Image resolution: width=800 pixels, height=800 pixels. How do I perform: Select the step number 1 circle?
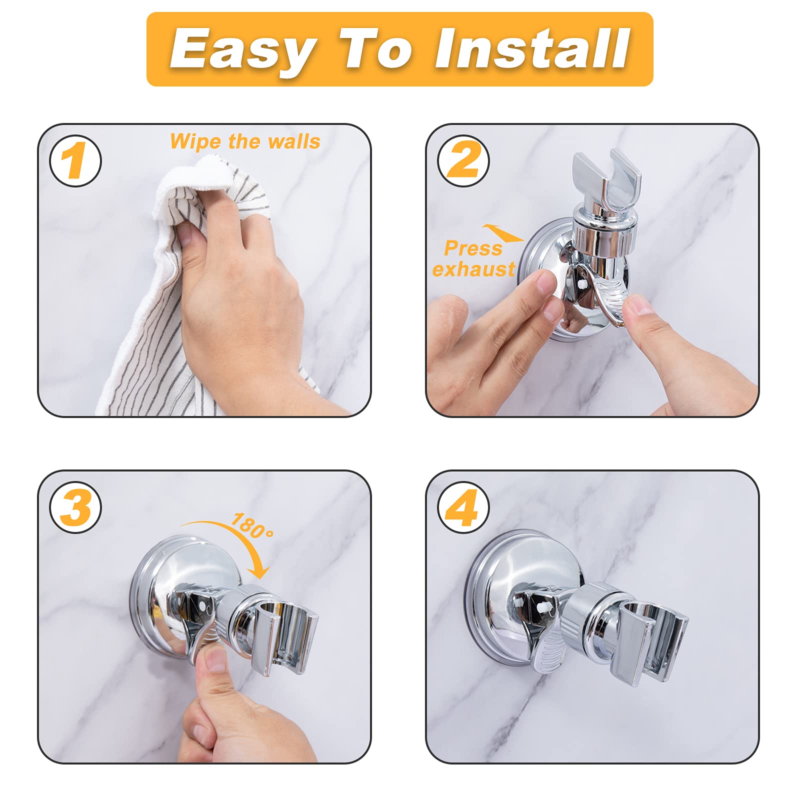75,161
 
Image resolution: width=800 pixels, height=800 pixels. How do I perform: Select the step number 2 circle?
463,161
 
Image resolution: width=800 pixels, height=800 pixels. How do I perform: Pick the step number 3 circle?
75,507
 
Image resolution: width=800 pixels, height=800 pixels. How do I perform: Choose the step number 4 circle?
463,507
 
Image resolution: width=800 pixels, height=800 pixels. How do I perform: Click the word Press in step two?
473,248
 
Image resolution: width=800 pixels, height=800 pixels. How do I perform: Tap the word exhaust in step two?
473,269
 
